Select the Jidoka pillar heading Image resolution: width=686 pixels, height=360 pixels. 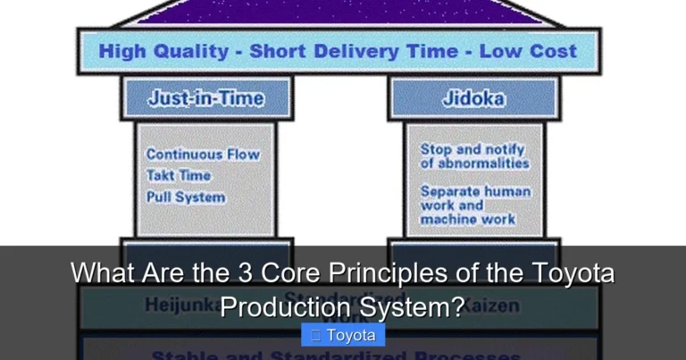pyautogui.click(x=473, y=98)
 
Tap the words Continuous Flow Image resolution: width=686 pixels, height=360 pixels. pyautogui.click(x=203, y=155)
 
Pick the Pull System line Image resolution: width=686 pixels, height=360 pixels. pyautogui.click(x=186, y=197)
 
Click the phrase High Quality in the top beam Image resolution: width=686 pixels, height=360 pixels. pyautogui.click(x=163, y=51)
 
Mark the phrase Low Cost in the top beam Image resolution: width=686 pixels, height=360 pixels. pyautogui.click(x=528, y=51)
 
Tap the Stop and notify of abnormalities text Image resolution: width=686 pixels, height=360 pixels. pyautogui.click(x=474, y=156)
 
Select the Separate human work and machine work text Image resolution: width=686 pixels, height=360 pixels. pyautogui.click(x=475, y=205)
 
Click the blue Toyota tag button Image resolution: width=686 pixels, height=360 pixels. pyautogui.click(x=343, y=336)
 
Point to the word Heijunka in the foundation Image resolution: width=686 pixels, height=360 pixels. pyautogui.click(x=180, y=306)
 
